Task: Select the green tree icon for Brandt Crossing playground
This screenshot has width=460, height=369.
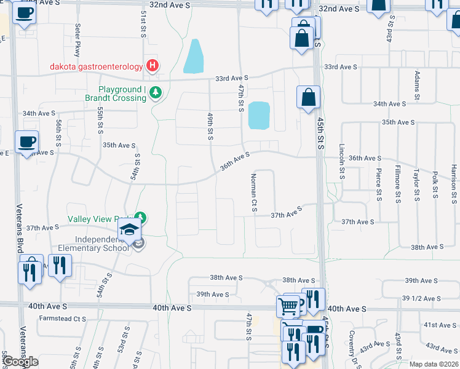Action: pos(156,92)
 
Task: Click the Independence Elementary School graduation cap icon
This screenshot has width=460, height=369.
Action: pos(129,230)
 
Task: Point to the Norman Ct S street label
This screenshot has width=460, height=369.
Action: pos(253,193)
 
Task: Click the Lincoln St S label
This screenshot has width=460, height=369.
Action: pos(342,162)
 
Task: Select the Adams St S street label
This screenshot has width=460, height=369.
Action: pos(417,85)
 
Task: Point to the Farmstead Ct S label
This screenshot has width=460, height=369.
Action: pos(63,319)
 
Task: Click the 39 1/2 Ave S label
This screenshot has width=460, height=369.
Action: pos(422,298)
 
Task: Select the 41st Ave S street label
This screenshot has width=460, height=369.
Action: pos(440,325)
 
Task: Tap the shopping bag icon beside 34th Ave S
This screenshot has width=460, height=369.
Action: pos(308,98)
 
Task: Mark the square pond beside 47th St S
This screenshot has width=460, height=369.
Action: pos(259,116)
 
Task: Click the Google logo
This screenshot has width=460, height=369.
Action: pos(20,362)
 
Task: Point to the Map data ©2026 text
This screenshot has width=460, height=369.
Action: pos(433,364)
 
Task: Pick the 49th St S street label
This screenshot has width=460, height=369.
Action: pos(210,125)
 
